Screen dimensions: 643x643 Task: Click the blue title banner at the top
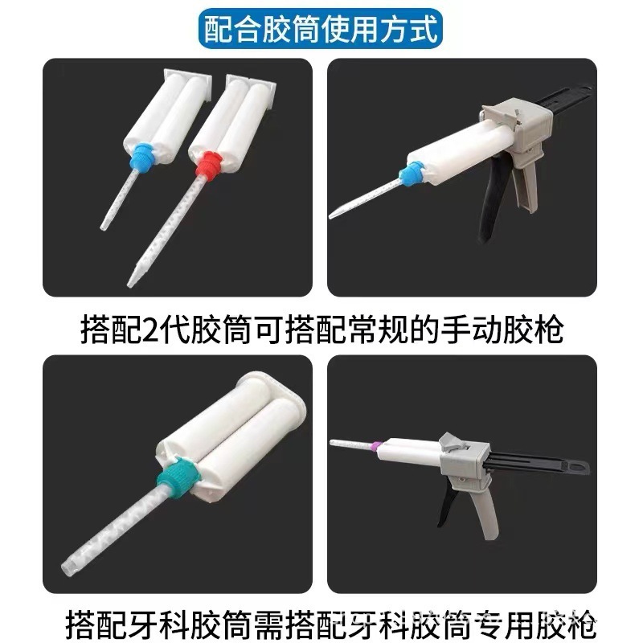click(321, 31)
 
